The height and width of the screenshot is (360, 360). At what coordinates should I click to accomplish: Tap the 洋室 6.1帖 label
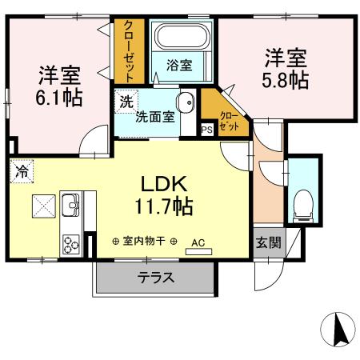[x=58, y=86]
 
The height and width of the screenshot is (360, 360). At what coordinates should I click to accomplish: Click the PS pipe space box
[x=206, y=129]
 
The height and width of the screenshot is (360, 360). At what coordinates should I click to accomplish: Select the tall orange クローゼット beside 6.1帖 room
[x=128, y=50]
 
